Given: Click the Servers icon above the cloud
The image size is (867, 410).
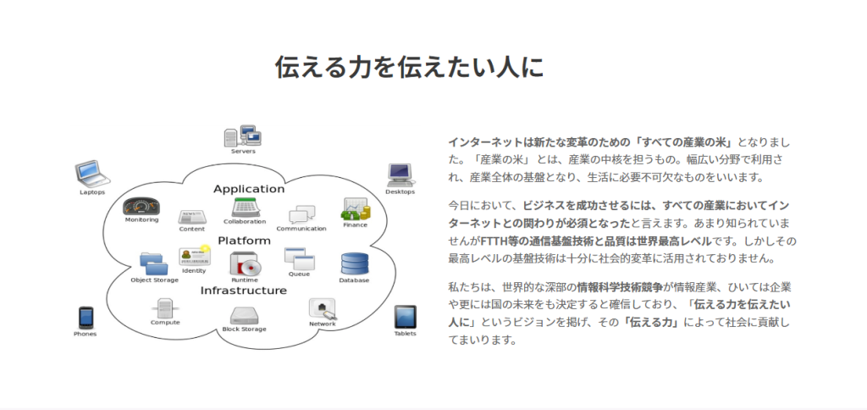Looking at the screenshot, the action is click(242, 136).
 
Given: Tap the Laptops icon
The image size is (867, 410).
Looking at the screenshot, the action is click(92, 174).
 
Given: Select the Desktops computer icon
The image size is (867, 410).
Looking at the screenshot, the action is click(400, 175).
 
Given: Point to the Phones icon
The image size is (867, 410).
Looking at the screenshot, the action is click(86, 319).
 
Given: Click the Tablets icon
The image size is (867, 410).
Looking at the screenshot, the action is click(405, 317).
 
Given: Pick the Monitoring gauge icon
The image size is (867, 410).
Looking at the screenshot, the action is click(141, 207).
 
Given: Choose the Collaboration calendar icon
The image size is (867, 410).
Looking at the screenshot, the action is click(245, 208).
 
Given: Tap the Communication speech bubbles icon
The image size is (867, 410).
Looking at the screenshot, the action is click(302, 214).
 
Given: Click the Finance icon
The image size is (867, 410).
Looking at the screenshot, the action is click(355, 209).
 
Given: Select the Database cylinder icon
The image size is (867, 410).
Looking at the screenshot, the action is click(355, 263).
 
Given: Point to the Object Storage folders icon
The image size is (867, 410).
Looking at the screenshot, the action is click(154, 264).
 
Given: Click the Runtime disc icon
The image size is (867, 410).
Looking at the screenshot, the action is click(245, 264).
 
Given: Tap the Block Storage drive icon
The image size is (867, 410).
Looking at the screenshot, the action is click(244, 316).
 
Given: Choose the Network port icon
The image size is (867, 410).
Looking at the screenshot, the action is click(323, 308).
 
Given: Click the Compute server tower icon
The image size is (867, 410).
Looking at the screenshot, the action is click(165, 308).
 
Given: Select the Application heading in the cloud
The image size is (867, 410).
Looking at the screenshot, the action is click(249, 189).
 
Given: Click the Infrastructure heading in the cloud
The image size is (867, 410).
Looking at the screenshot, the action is click(243, 291).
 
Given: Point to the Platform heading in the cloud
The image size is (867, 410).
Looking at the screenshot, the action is click(244, 241).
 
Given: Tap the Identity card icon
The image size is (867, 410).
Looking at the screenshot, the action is click(194, 256).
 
